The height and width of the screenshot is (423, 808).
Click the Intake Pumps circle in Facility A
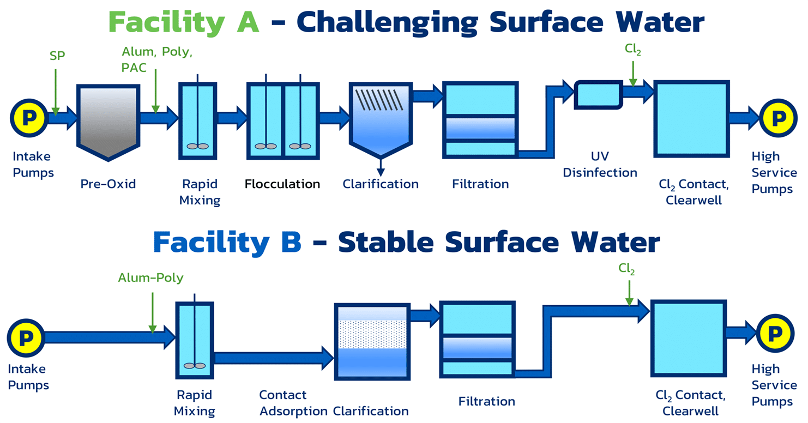point(29,118)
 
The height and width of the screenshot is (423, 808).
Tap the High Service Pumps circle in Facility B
point(775,334)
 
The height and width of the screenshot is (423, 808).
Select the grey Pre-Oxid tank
point(108,123)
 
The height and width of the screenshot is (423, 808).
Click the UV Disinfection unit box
point(599,95)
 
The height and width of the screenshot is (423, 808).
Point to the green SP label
point(57,56)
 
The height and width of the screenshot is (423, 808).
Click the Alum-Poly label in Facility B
point(151,277)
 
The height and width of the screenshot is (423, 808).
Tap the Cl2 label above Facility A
point(632,49)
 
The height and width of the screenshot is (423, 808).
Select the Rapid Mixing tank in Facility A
point(198,121)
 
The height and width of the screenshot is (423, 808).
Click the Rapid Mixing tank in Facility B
point(195,340)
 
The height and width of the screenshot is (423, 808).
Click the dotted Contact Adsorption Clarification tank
point(372,341)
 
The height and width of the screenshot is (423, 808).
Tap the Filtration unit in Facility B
point(477,340)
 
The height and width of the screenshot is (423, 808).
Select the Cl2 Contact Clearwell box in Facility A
point(691,119)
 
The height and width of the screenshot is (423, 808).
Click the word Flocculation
point(282,184)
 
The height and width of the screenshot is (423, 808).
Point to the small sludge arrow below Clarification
point(381,167)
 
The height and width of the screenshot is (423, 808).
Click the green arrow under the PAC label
point(155,91)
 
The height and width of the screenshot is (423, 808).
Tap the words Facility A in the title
point(184,22)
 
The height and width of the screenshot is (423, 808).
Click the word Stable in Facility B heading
point(385,243)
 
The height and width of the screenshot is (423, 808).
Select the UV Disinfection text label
point(600,165)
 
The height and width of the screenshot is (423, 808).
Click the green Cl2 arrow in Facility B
point(630,294)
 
